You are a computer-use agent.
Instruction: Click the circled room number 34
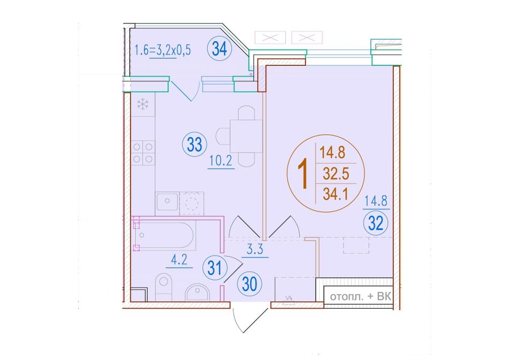click(220, 49)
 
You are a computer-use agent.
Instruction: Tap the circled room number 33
click(194, 145)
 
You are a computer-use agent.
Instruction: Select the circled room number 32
click(376, 223)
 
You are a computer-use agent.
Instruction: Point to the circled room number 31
click(214, 268)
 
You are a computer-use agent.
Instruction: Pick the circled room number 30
click(250, 284)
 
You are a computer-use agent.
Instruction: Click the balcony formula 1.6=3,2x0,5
click(163, 50)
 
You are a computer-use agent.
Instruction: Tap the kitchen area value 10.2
click(221, 161)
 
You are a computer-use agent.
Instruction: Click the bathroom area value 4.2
click(179, 260)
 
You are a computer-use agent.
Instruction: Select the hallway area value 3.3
click(255, 250)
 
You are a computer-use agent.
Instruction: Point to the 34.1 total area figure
click(335, 195)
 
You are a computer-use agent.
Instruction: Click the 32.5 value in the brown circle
click(336, 174)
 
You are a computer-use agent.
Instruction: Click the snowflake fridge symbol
click(143, 104)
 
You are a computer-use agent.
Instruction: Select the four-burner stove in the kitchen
click(143, 153)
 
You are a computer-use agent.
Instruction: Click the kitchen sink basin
click(167, 201)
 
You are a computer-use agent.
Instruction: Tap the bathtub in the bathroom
click(165, 235)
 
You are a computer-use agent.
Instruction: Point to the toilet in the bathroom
click(163, 287)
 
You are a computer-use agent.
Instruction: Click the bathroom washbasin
click(198, 292)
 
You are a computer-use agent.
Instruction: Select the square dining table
click(246, 136)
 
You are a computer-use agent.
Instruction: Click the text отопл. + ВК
click(361, 297)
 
